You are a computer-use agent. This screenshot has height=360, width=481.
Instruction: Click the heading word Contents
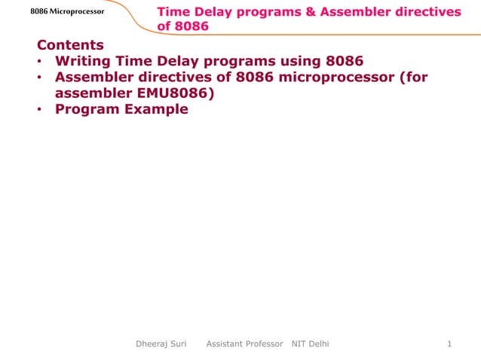pos(70,45)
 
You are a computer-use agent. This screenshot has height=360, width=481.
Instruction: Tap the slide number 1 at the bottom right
pos(449,344)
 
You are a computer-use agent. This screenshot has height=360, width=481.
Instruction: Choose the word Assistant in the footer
pos(225,344)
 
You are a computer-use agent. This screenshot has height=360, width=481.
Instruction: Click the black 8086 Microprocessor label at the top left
pos(68,12)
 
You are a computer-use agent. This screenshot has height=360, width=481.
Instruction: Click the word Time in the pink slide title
pos(173,12)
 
